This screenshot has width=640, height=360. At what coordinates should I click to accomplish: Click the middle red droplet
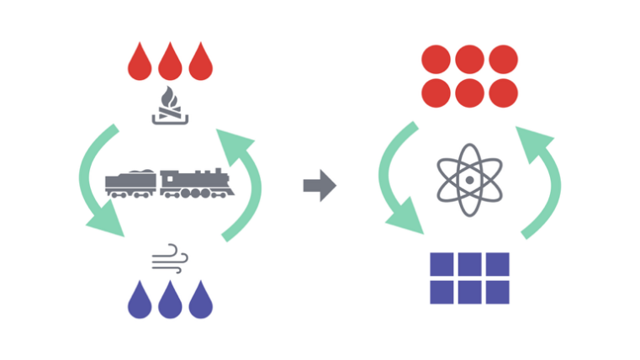pos(169,63)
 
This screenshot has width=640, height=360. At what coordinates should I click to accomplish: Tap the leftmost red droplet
pos(139,63)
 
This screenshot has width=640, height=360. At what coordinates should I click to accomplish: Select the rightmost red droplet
pos(200,63)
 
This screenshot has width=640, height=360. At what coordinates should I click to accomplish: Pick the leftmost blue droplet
pos(139,300)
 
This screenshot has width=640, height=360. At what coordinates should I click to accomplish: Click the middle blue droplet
pos(169,300)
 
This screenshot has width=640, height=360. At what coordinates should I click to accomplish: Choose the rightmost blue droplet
pos(200,300)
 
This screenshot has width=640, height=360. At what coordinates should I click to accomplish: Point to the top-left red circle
pos(436,59)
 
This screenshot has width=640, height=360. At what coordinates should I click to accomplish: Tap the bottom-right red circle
pos(502,91)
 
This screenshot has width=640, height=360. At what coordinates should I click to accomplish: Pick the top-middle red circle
pos(469,59)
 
